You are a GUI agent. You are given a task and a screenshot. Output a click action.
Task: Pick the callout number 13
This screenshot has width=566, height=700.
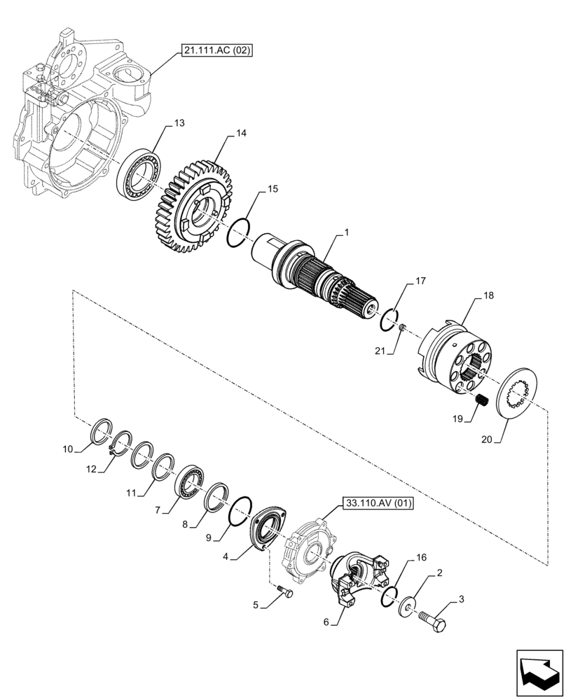tap(179, 123)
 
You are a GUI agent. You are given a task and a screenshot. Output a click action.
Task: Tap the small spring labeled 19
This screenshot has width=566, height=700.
tap(481, 401)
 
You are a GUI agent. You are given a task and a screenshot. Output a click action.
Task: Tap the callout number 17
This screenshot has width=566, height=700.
tap(420, 282)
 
